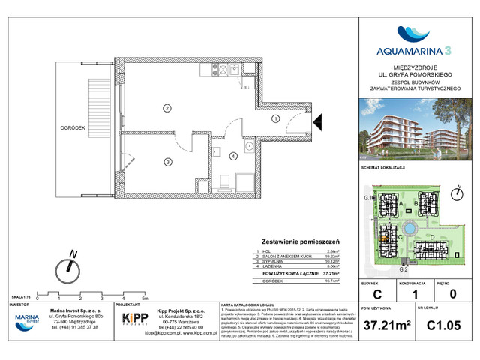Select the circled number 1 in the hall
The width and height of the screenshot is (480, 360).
[x=275, y=118]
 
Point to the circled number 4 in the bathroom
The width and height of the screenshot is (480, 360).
[x=233, y=156]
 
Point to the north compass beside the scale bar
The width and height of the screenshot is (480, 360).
[x=71, y=265]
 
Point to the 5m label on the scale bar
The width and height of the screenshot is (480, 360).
[x=144, y=298]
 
